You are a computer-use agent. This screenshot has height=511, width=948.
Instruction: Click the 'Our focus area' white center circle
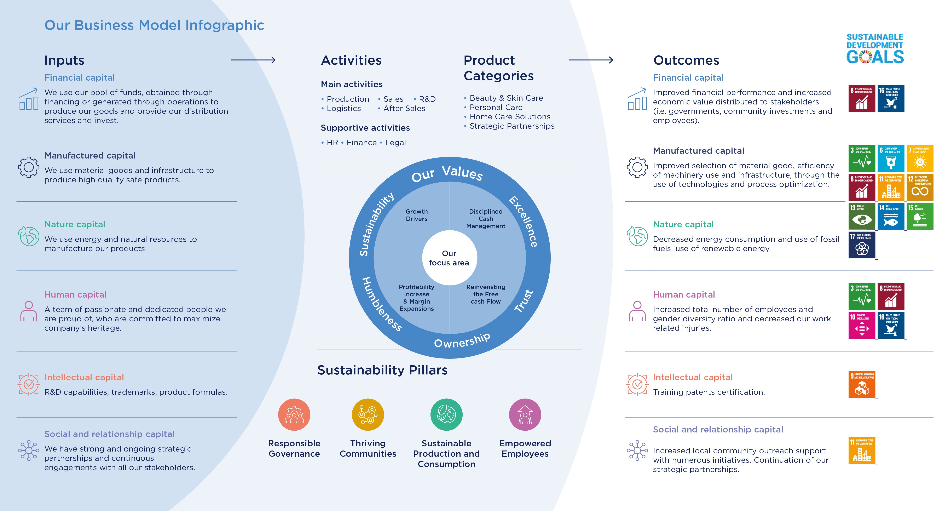tap(449, 258)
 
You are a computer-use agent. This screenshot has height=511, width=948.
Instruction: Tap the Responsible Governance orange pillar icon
tap(294, 415)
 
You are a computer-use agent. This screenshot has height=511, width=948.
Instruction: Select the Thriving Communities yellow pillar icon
tap(368, 415)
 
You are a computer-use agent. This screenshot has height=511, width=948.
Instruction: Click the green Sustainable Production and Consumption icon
tap(446, 415)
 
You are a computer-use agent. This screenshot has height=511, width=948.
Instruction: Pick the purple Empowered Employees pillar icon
tap(525, 415)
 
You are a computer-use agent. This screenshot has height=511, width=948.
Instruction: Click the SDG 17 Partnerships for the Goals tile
tap(862, 245)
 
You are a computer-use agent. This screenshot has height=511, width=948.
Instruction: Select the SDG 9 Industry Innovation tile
tap(862, 384)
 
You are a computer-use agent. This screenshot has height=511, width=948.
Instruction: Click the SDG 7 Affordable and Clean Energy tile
tap(920, 159)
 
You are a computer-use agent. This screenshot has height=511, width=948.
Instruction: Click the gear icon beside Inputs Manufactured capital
tap(29, 167)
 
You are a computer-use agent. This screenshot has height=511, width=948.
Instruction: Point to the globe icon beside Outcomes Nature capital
tap(637, 236)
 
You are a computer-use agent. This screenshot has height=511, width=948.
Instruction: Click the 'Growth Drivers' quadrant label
tap(417, 215)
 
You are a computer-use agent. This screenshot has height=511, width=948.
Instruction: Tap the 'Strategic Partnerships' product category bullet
tap(511, 126)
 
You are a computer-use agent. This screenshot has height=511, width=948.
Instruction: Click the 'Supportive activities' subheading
tap(365, 128)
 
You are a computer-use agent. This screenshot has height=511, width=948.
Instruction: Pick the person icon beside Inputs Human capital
tap(29, 311)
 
